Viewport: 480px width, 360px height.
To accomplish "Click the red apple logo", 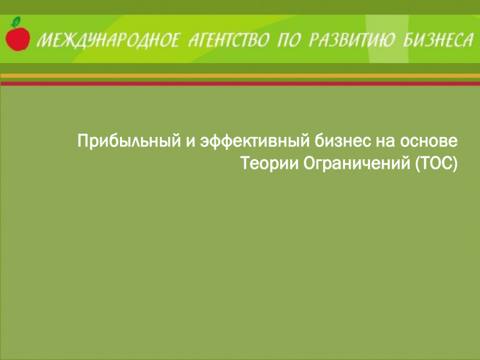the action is [17, 37].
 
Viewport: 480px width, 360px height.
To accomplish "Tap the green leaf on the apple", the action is [16, 21].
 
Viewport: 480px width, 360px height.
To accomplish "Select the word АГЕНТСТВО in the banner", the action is [229, 41].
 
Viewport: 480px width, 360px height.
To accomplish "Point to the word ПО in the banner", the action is [289, 41].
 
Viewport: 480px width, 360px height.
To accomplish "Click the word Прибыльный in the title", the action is [129, 141].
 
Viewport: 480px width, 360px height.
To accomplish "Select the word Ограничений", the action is [357, 164].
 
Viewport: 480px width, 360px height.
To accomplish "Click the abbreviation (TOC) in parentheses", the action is [436, 164].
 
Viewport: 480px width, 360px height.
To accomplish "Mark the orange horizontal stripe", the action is [240, 76].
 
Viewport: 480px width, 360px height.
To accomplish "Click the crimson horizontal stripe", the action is [240, 83].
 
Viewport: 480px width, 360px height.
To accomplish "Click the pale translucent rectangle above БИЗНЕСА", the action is [387, 39].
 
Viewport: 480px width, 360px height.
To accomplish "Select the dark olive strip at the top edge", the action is [240, 7].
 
